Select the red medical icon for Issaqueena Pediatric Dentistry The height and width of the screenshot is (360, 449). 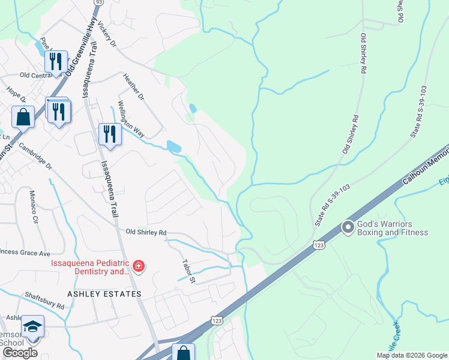(x=139, y=266)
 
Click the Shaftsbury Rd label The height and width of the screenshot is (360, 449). (x=44, y=301)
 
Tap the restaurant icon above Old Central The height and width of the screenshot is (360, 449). (x=56, y=61)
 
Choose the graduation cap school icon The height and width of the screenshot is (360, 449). (x=32, y=326)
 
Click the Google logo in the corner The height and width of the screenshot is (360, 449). (x=20, y=352)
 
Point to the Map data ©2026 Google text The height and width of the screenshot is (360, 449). (x=412, y=355)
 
